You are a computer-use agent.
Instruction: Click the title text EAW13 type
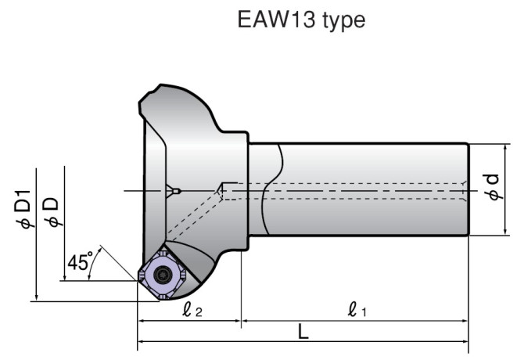click(x=301, y=20)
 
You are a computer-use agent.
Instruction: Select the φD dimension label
click(x=51, y=211)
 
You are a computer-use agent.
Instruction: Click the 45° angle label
click(x=79, y=261)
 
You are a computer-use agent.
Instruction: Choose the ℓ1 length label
click(x=357, y=311)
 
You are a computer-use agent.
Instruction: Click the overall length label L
click(x=303, y=333)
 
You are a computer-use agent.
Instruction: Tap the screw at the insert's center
click(x=163, y=274)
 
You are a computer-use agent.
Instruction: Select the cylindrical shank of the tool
click(x=360, y=190)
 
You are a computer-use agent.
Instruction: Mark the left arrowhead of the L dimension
click(x=142, y=341)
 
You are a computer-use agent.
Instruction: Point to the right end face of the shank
click(x=468, y=190)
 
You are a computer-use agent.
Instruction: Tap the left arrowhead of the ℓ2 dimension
click(x=142, y=320)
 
